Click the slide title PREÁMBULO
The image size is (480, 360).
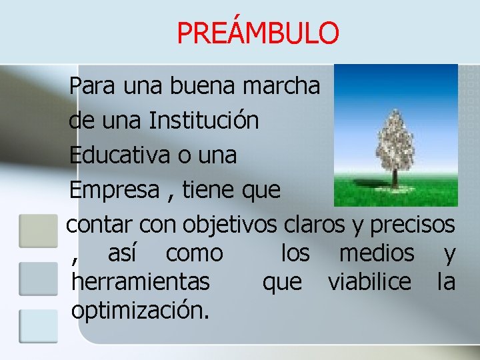(258, 32)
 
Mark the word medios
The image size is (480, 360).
(377, 253)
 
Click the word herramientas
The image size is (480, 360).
(140, 282)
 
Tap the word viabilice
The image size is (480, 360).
(369, 282)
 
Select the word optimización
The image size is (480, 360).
(139, 311)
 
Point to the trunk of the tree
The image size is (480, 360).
(395, 178)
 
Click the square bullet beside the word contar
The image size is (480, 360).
(38, 231)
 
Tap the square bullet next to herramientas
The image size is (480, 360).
(38, 278)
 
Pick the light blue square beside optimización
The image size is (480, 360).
(38, 325)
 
